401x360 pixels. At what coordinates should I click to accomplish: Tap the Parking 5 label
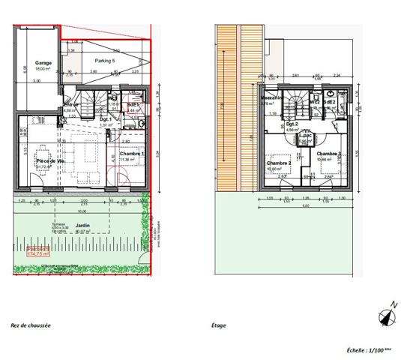(x=105, y=60)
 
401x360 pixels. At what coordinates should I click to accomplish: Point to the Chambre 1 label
(x=132, y=154)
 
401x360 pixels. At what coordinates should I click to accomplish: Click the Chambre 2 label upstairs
(x=279, y=163)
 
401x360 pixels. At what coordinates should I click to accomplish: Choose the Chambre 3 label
(x=329, y=154)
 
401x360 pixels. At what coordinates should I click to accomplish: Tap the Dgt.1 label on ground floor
(x=106, y=120)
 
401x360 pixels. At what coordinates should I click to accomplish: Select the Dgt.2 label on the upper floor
(x=292, y=124)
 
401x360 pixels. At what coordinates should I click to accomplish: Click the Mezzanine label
(x=271, y=98)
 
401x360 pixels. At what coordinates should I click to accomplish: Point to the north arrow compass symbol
(x=387, y=315)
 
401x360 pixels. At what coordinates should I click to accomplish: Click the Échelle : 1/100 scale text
(x=369, y=349)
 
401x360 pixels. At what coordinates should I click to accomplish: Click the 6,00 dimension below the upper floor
(x=306, y=205)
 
